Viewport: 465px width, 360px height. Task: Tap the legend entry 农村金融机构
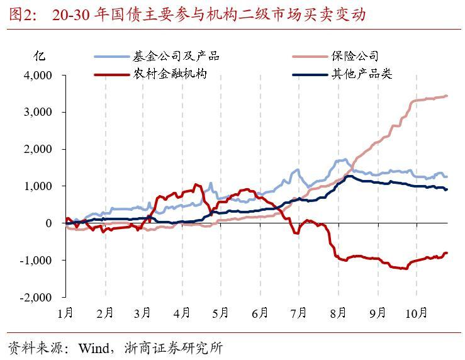click(x=169, y=74)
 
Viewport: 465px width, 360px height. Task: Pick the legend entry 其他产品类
click(x=361, y=74)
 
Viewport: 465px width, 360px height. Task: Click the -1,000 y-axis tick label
click(x=36, y=260)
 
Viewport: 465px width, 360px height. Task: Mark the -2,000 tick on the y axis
click(x=36, y=297)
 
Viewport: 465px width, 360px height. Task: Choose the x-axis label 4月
click(x=182, y=312)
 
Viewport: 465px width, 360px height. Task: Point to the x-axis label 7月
click(x=299, y=312)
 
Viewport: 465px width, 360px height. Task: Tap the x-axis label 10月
click(x=416, y=312)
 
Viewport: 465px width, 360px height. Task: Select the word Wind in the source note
click(x=93, y=347)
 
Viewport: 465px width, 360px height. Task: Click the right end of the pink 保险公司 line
click(x=446, y=96)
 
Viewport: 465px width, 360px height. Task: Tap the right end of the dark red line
click(x=446, y=253)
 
